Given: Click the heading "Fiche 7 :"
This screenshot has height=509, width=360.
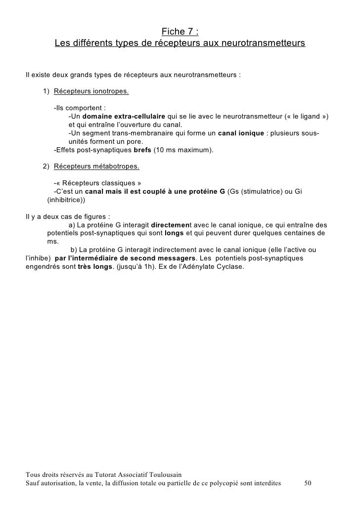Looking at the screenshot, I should point(180,33).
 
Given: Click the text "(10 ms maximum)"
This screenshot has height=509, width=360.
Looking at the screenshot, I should point(183,150).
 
